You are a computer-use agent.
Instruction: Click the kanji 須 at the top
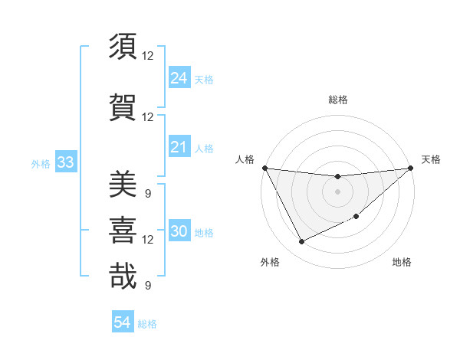pyautogui.click(x=123, y=47)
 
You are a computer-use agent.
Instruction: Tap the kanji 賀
pyautogui.click(x=123, y=106)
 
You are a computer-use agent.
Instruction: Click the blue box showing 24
pyautogui.click(x=179, y=77)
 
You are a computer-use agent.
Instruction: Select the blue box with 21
pyautogui.click(x=179, y=147)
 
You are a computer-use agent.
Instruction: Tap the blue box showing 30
pyautogui.click(x=179, y=231)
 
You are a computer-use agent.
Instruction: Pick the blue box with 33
pyautogui.click(x=65, y=163)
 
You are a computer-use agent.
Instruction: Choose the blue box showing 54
pyautogui.click(x=123, y=322)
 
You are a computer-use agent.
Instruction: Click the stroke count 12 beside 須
pyautogui.click(x=148, y=56)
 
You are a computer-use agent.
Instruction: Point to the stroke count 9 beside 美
pyautogui.click(x=147, y=193)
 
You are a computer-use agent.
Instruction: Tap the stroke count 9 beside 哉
pyautogui.click(x=147, y=286)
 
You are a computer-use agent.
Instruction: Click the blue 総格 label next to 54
pyautogui.click(x=147, y=324)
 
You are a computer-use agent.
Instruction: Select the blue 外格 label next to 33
pyautogui.click(x=41, y=164)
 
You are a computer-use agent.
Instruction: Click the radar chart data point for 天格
pyautogui.click(x=411, y=169)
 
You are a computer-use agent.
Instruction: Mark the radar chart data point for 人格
pyautogui.click(x=264, y=168)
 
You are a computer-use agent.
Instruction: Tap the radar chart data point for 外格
pyautogui.click(x=301, y=242)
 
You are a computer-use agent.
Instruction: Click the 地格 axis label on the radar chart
pyautogui.click(x=402, y=262)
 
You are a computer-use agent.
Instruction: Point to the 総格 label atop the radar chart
pyautogui.click(x=337, y=100)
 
